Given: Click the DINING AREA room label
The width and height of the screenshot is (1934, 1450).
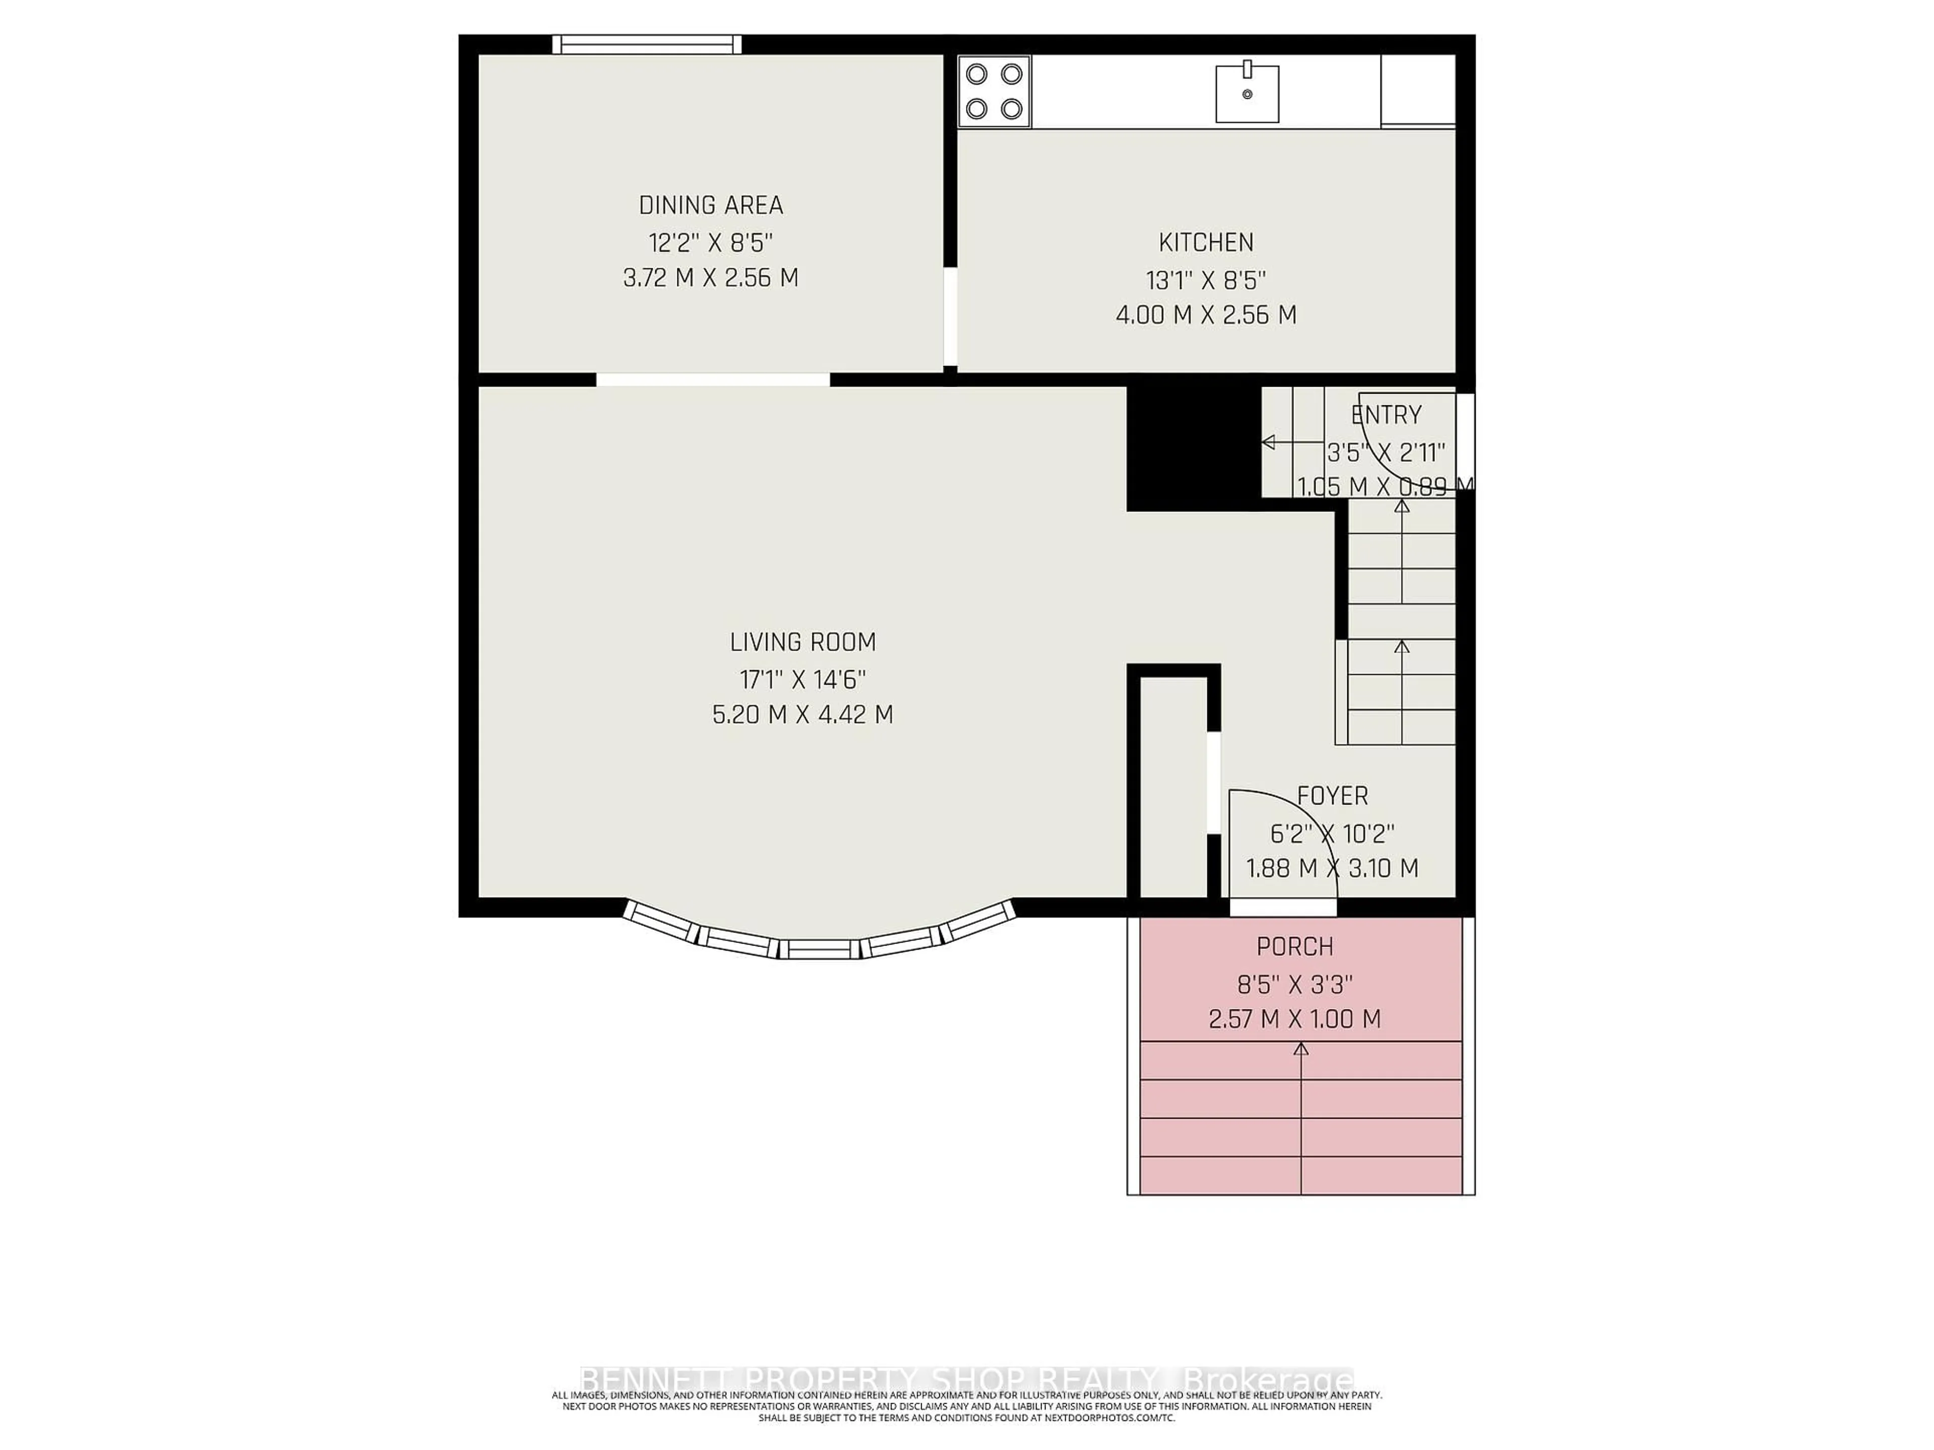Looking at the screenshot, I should (710, 205).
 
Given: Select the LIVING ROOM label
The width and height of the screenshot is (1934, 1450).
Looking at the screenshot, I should (803, 642).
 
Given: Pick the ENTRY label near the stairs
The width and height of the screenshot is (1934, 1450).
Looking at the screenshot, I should (1386, 415).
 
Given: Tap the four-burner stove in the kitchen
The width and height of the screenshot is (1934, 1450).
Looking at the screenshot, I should (994, 92).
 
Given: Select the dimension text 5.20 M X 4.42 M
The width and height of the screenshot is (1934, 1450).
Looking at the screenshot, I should (803, 715).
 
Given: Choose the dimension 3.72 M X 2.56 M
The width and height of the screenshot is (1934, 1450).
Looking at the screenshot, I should (710, 278).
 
